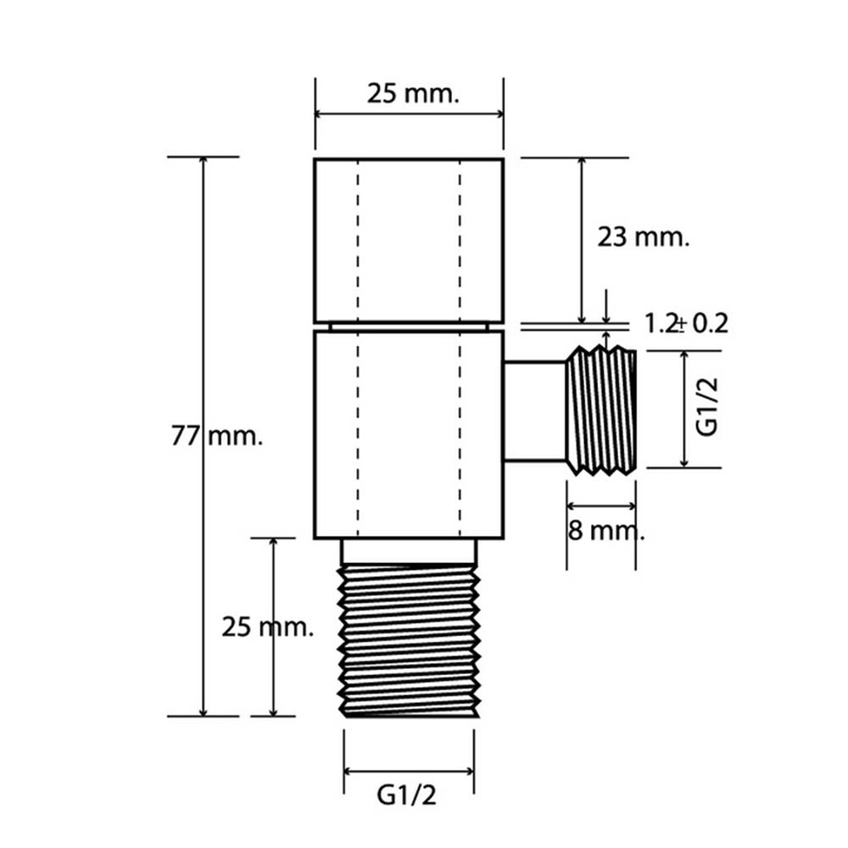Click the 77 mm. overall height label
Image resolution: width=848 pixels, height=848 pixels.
pyautogui.click(x=217, y=436)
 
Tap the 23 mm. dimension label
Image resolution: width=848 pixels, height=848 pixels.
pyautogui.click(x=643, y=237)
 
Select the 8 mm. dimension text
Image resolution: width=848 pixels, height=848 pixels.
pyautogui.click(x=606, y=531)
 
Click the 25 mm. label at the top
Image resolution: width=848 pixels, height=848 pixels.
pyautogui.click(x=413, y=93)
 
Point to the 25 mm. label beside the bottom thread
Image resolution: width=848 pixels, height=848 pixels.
pyautogui.click(x=268, y=628)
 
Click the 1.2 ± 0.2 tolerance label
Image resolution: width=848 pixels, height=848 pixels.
pyautogui.click(x=686, y=323)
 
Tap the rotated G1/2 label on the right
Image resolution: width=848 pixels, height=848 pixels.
pyautogui.click(x=707, y=407)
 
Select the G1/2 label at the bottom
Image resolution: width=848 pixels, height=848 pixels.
pyautogui.click(x=406, y=795)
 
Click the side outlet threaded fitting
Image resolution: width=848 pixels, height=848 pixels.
pyautogui.click(x=601, y=411)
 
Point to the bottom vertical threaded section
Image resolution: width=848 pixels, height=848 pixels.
pyautogui.click(x=409, y=641)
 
